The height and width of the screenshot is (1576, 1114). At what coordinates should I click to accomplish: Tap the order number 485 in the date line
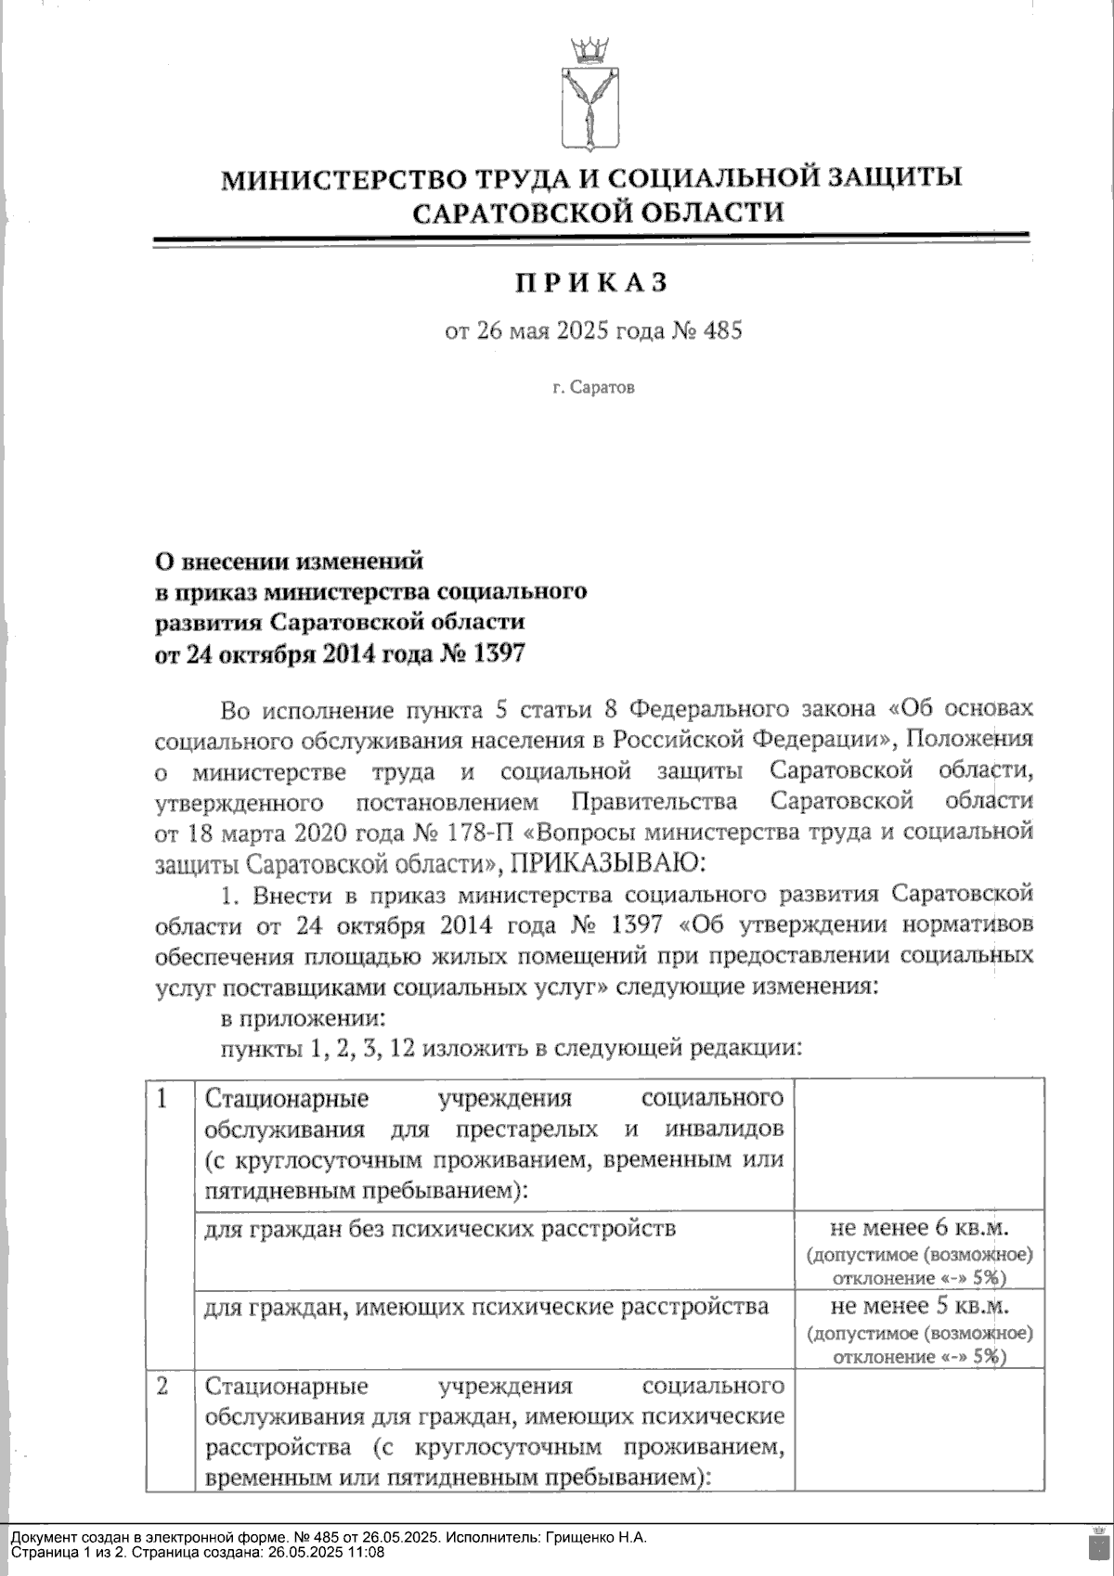click(x=723, y=330)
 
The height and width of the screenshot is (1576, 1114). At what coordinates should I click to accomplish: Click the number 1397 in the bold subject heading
click(x=499, y=653)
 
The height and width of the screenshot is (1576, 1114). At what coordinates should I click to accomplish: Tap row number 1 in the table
click(x=162, y=1099)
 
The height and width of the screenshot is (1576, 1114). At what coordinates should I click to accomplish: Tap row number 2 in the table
click(x=162, y=1387)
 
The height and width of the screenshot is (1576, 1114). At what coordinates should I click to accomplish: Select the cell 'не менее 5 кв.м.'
click(x=919, y=1307)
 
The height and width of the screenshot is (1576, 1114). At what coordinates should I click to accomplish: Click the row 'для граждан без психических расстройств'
click(x=439, y=1229)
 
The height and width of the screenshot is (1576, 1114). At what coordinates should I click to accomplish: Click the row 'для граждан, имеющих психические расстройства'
click(x=486, y=1307)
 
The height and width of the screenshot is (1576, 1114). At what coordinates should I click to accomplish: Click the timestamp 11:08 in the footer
click(x=368, y=1552)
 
